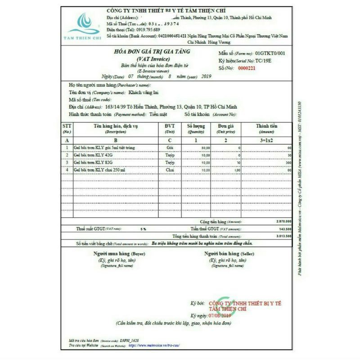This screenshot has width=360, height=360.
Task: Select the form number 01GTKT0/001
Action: pos(270,53)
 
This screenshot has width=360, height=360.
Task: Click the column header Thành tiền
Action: pos(266,126)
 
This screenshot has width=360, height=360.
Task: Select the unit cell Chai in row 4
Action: pos(170,171)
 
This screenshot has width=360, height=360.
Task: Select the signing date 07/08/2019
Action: pos(220,315)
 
